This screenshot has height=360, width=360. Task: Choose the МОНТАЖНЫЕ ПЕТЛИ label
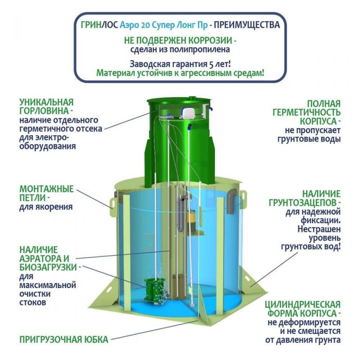[x=46, y=193]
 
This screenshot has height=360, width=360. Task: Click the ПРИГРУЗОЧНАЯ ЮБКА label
[x=64, y=339]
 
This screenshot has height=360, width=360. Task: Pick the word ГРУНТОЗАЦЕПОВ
[x=308, y=203]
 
